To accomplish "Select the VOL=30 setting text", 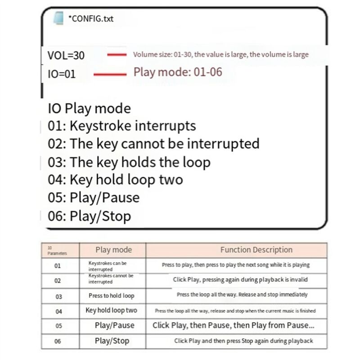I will (x=66, y=56).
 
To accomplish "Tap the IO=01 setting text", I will (x=62, y=74).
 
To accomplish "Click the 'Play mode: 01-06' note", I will (x=178, y=72).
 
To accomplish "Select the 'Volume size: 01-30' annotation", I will (x=221, y=55).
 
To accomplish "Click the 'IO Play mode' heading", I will (x=89, y=108).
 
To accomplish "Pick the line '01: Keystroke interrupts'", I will (x=122, y=126).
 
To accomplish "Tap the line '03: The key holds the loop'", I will (x=129, y=162).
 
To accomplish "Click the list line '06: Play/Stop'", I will (x=89, y=216).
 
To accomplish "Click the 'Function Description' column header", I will (x=256, y=250).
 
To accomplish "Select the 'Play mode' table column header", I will (x=113, y=250).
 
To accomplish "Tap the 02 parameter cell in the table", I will (x=58, y=280).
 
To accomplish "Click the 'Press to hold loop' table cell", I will (x=112, y=296).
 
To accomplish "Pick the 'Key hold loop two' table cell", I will (x=112, y=310).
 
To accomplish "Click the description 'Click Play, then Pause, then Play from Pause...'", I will (x=234, y=325).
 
